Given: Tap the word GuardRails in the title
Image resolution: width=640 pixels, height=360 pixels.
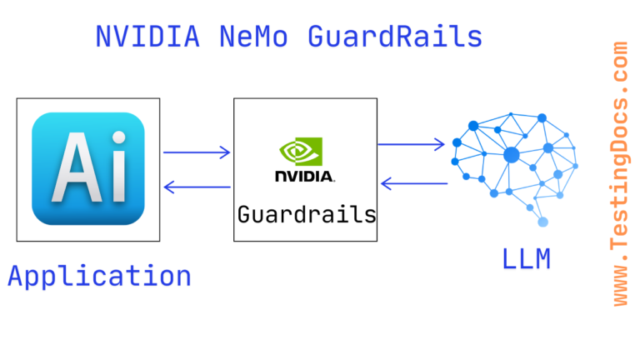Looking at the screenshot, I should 395,36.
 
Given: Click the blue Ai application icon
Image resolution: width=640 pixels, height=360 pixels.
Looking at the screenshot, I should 87,169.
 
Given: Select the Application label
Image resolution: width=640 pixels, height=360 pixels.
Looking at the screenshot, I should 99,275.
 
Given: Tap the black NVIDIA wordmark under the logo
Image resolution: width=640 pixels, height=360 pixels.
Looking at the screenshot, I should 304,176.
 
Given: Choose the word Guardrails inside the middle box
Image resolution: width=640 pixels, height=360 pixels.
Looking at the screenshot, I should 306,214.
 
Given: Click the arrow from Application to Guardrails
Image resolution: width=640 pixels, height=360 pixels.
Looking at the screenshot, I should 197,152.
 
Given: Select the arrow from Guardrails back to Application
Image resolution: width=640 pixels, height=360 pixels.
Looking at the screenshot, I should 197,187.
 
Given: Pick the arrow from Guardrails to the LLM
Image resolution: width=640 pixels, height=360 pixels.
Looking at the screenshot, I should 411,144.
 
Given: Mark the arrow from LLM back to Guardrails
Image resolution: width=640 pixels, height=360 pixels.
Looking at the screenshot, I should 413,183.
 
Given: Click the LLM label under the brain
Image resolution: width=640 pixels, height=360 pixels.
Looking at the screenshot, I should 526,258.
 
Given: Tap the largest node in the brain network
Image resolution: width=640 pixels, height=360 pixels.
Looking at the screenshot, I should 511,154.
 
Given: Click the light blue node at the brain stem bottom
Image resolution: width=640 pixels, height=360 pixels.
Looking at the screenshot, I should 543,222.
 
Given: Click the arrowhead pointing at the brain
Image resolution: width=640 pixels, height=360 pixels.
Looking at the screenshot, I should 439,144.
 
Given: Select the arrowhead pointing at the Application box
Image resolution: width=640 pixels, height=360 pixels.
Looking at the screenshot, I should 169,187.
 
